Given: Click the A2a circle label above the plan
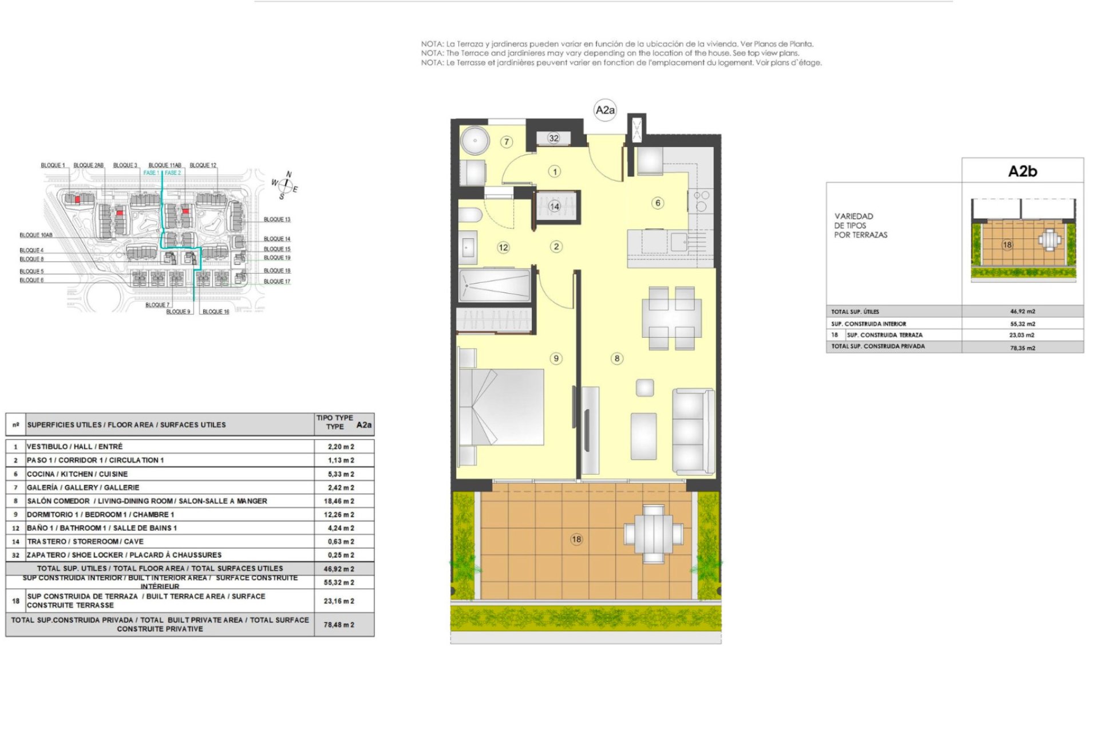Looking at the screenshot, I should [605, 110].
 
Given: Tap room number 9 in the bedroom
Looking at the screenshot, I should [556, 358].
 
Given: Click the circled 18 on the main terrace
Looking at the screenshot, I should [576, 539].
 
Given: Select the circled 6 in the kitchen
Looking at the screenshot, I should [658, 203].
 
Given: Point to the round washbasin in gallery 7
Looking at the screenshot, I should [475, 140].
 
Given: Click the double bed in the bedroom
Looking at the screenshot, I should [501, 407].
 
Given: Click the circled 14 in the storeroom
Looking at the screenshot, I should [554, 206].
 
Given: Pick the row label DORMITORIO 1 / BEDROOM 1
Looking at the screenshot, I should [100, 514].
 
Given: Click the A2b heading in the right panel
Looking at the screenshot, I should [1022, 171].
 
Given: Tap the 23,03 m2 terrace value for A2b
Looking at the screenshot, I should [1022, 335].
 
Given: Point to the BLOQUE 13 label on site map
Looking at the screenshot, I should [277, 219].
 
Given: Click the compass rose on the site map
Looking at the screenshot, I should [284, 186].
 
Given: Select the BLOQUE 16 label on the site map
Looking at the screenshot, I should [216, 312].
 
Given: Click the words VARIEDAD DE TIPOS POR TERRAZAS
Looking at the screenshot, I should [860, 226].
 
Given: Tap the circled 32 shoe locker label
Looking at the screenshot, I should [554, 138].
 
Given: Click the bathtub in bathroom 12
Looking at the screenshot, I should [495, 285].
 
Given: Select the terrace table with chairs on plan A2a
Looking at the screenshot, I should [653, 534].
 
